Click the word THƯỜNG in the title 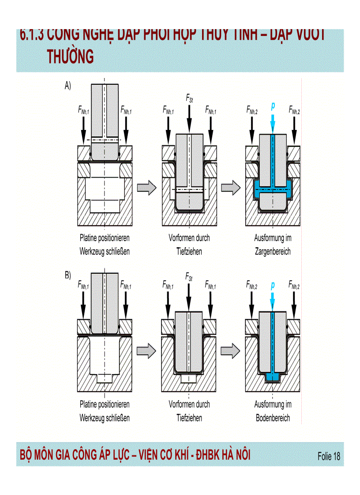tap(70, 57)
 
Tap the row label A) tap(68, 86)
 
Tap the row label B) tap(68, 275)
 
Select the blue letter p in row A tap(273, 106)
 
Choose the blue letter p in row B tap(273, 285)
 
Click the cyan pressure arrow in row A tap(273, 121)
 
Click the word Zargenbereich tap(273, 252)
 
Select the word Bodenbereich tap(273, 418)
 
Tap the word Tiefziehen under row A tap(189, 252)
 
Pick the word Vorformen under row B tap(181, 404)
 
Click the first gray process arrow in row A tap(146, 188)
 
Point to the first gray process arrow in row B tap(146, 351)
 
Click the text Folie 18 tap(329, 456)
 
